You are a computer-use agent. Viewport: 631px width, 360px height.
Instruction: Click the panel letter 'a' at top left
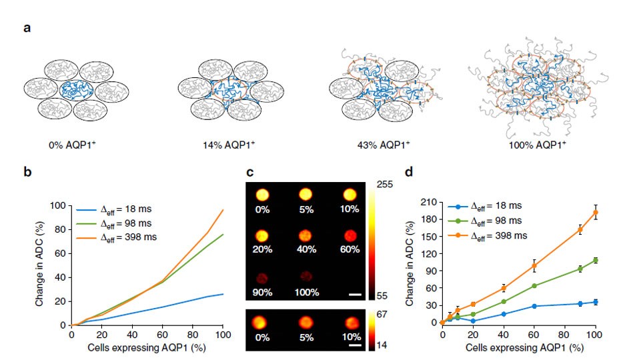pyautogui.click(x=27, y=29)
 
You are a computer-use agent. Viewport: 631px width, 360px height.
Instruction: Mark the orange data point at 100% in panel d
pyautogui.click(x=595, y=213)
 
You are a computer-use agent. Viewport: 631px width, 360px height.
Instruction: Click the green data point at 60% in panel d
pyautogui.click(x=534, y=286)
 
